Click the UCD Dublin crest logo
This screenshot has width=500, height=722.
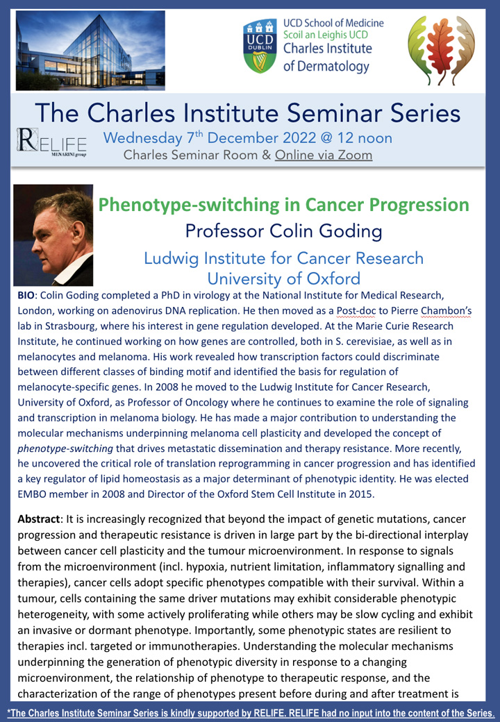coord(260,47)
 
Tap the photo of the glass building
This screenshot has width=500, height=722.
coord(90,50)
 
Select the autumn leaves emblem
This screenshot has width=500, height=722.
coord(441,51)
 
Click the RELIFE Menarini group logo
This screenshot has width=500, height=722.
coord(51,142)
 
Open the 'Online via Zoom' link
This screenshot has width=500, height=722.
coord(324,156)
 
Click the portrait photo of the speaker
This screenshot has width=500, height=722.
coord(53,235)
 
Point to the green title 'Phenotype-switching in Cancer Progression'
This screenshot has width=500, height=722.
coord(283,205)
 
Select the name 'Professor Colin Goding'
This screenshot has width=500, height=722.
coord(283,230)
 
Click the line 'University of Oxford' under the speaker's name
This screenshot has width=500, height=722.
coord(283,278)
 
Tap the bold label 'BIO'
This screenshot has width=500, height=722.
coord(26,295)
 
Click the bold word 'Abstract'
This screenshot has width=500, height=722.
coord(39,519)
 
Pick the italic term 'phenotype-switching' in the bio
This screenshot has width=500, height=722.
coord(65,448)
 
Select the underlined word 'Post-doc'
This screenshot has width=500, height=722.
coord(356,311)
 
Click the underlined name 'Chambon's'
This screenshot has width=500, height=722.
coord(446,311)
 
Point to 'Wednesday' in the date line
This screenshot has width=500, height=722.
coord(143,138)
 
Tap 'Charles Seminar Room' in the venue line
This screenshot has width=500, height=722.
coord(190,156)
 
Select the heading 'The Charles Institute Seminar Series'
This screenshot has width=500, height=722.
coord(248,113)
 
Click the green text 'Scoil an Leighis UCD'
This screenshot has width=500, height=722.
coord(326,35)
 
